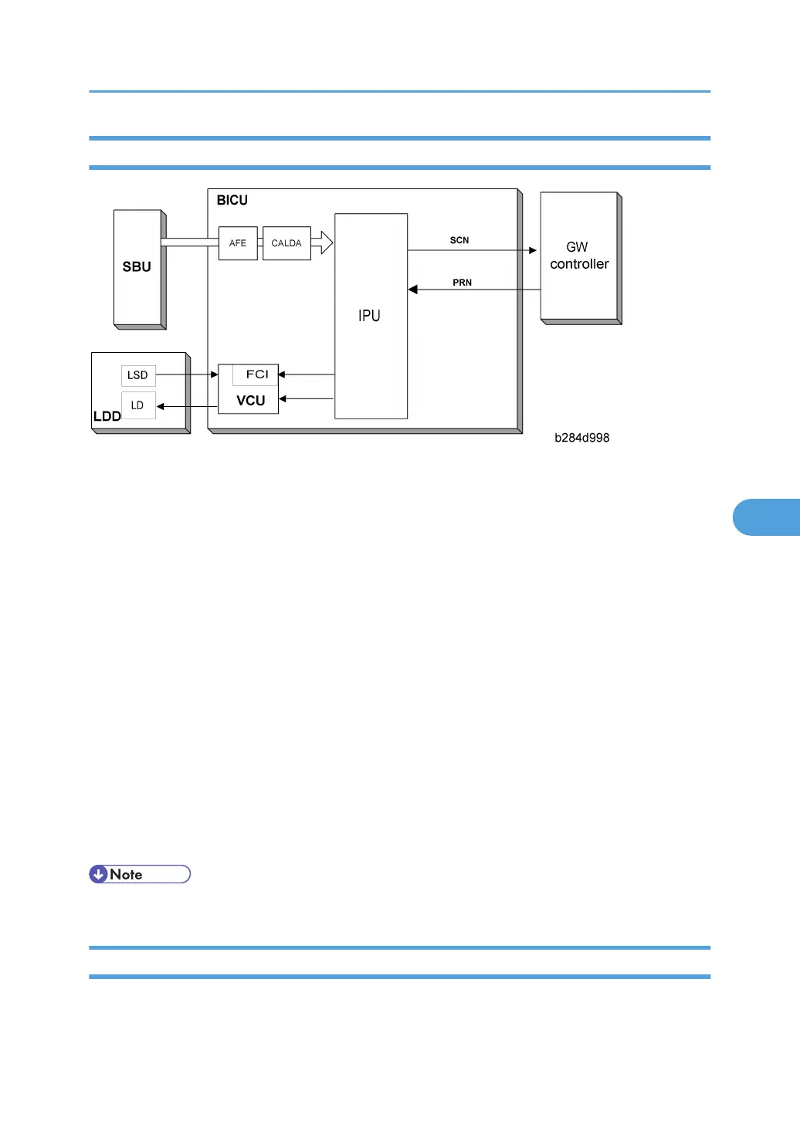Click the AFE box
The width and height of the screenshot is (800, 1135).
[x=238, y=243]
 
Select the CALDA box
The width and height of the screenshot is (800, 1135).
[x=286, y=243]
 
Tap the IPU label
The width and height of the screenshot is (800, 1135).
[x=369, y=316]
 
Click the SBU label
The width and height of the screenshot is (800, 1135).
[x=136, y=267]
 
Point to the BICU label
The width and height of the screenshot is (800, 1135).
[x=232, y=200]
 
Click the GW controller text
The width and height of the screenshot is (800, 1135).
[x=579, y=256]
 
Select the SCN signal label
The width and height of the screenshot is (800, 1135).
[x=459, y=240]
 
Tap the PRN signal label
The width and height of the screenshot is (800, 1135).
[x=462, y=283]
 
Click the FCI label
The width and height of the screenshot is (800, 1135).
[x=257, y=374]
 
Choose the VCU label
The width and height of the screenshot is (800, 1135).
[x=250, y=401]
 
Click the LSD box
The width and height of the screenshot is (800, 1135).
[x=138, y=375]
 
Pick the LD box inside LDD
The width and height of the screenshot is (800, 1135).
[x=138, y=405]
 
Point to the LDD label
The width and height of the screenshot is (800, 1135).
[x=107, y=416]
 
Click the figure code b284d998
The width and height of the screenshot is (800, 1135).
[x=581, y=438]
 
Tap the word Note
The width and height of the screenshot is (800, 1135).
[x=126, y=875]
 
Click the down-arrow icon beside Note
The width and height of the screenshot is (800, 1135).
[x=98, y=874]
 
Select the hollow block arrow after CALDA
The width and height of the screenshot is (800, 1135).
[x=322, y=242]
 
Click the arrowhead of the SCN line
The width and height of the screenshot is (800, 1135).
[x=533, y=250]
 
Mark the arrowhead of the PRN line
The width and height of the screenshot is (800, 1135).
[x=412, y=290]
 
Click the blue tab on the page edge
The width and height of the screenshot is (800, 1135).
[x=766, y=517]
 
